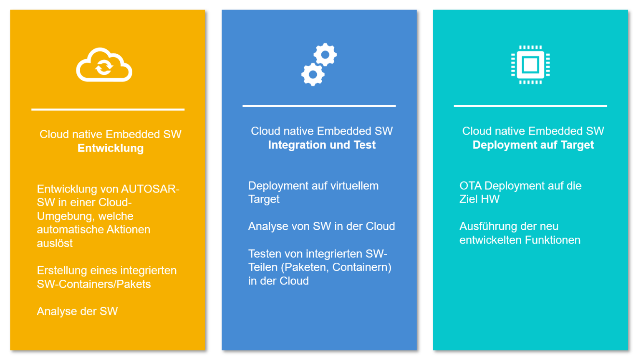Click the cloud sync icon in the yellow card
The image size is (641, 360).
click(x=104, y=65)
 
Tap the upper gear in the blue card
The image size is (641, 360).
click(x=325, y=55)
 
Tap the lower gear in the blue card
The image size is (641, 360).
click(x=313, y=75)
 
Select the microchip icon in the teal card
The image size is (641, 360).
click(x=530, y=65)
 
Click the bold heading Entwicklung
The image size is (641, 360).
click(x=111, y=148)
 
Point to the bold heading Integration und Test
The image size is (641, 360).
click(x=322, y=145)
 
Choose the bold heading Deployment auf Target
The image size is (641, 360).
click(x=533, y=145)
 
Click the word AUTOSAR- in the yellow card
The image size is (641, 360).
click(x=150, y=189)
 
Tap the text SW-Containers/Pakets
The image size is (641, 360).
click(x=94, y=284)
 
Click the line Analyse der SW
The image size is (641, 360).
click(x=77, y=311)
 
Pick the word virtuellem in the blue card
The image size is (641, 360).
click(x=353, y=185)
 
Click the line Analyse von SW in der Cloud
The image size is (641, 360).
click(x=321, y=226)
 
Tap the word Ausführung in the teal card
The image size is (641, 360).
click(x=484, y=226)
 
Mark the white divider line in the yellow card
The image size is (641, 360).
click(x=108, y=109)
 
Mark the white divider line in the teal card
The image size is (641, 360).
click(x=530, y=106)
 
